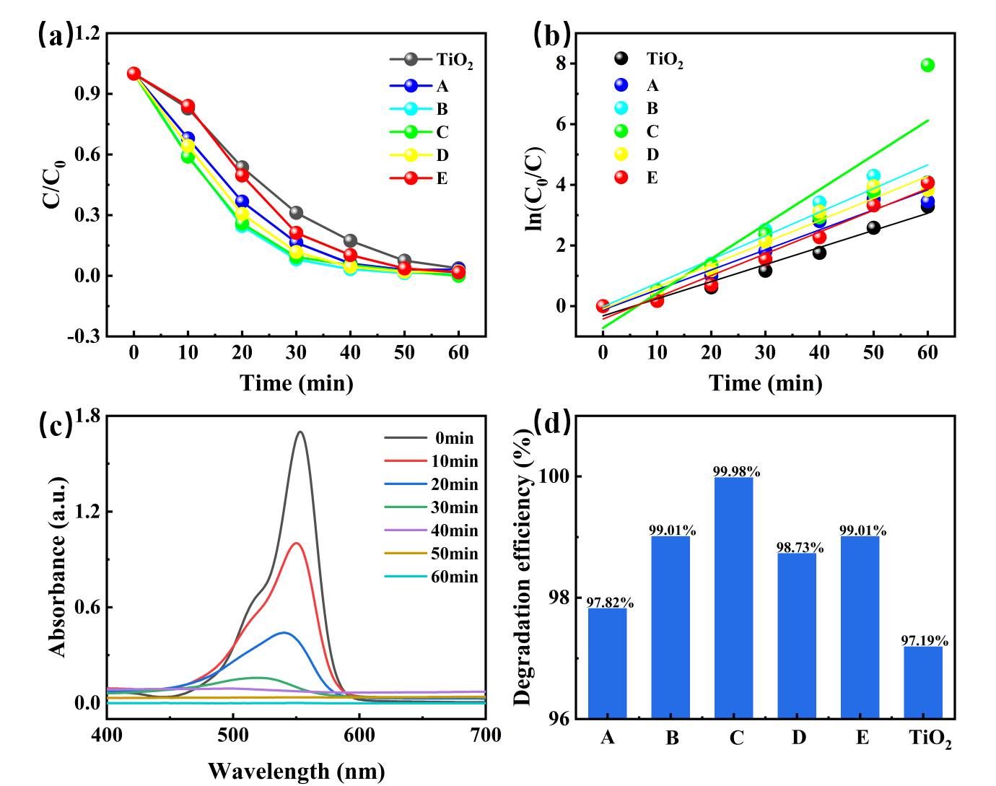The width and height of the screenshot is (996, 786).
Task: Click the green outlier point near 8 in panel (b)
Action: tap(927, 65)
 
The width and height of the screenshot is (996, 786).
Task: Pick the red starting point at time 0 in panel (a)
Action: tap(134, 74)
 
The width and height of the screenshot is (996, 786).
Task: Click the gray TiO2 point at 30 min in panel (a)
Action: tap(296, 213)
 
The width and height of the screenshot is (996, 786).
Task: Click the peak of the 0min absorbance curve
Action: tap(300, 432)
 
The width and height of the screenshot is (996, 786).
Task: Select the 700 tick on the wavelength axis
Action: tap(486, 735)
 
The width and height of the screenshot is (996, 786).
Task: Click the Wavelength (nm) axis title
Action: tap(297, 771)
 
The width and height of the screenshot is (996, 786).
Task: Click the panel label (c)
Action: tap(55, 424)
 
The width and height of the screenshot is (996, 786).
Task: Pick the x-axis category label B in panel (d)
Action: tap(672, 738)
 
